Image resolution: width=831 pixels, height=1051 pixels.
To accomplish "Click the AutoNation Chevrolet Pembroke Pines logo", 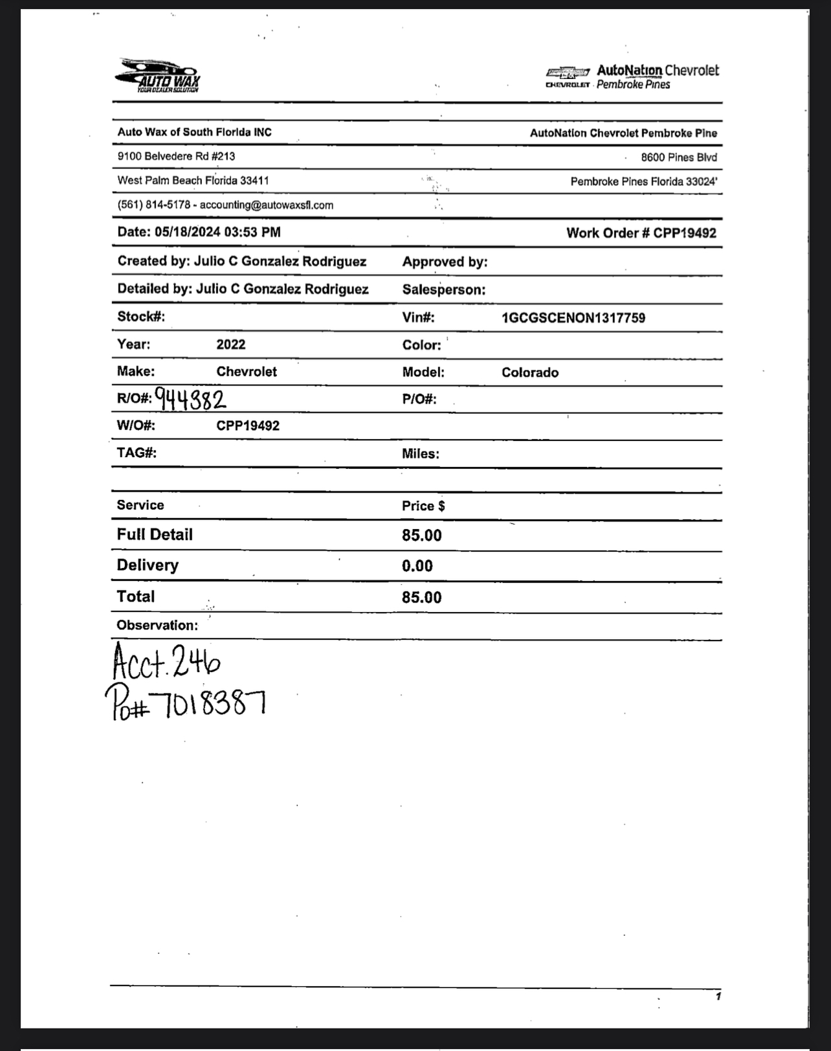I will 632,76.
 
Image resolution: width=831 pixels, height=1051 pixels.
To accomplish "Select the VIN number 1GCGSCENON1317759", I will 573,318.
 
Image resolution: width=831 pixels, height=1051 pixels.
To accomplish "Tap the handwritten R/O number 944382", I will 190,398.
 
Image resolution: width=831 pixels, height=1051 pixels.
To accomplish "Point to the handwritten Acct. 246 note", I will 166,660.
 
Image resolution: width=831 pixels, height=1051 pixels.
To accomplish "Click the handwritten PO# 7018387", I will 186,703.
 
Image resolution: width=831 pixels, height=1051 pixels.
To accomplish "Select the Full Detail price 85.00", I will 421,536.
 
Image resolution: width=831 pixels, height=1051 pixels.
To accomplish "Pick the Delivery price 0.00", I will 417,566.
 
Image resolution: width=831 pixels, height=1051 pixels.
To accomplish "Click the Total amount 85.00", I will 421,597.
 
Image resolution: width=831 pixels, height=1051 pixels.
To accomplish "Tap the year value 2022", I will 230,345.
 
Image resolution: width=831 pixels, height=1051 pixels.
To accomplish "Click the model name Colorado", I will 529,372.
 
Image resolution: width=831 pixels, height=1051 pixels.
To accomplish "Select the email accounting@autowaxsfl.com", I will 267,205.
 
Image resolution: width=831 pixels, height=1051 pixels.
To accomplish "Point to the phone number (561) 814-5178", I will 153,205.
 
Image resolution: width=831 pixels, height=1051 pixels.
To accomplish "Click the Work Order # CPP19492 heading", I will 641,233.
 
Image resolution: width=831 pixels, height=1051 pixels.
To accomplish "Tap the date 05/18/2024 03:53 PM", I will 217,232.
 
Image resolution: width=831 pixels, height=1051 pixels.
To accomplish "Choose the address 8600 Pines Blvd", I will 678,157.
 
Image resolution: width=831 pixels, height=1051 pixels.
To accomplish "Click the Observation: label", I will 157,626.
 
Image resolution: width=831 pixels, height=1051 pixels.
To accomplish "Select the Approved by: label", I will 445,262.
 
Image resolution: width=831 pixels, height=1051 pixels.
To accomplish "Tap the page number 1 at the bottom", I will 718,996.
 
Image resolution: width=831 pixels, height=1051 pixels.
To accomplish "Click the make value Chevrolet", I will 246,372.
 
